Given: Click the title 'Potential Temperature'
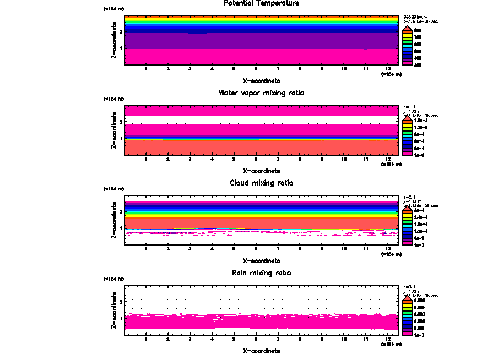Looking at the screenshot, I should pyautogui.click(x=261, y=3).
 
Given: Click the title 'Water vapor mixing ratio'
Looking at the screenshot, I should pyautogui.click(x=261, y=93).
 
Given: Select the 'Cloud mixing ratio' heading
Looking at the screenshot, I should pyautogui.click(x=261, y=183).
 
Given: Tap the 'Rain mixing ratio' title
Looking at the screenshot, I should pyautogui.click(x=261, y=273).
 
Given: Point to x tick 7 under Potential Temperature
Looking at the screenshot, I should pyautogui.click(x=278, y=69).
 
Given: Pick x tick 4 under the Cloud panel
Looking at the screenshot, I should pyautogui.click(x=212, y=249).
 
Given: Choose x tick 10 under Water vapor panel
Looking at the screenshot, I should pyautogui.click(x=344, y=160).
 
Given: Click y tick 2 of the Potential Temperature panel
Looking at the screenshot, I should pyautogui.click(x=121, y=32).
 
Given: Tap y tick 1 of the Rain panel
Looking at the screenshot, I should pyautogui.click(x=121, y=318).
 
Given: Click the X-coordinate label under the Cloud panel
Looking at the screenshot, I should pyautogui.click(x=261, y=260).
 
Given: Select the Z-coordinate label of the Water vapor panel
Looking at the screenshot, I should pyautogui.click(x=113, y=132).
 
